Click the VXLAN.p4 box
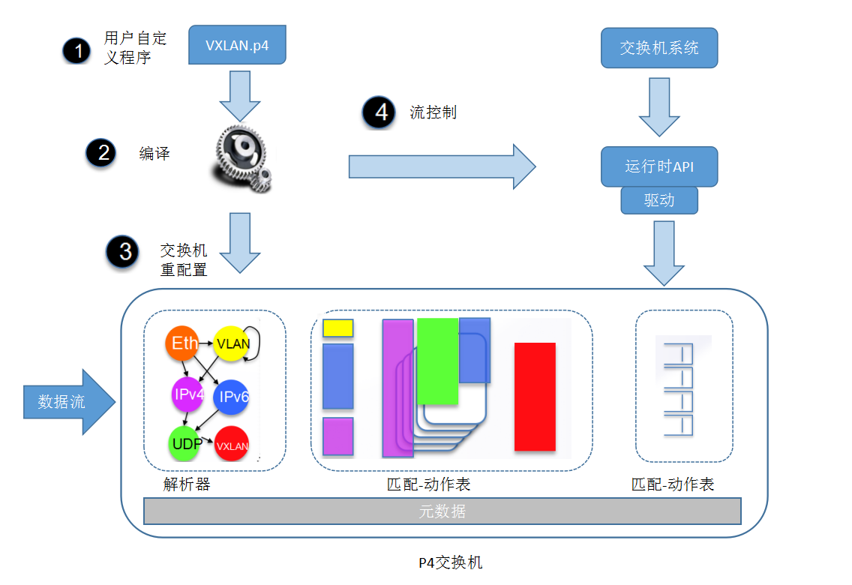[x=237, y=45]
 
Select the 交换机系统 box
[x=659, y=48]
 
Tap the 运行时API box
[x=659, y=166]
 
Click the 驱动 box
[x=659, y=200]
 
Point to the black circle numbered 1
[x=76, y=50]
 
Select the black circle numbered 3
[x=124, y=252]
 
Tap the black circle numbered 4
[x=380, y=112]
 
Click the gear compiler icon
[x=239, y=157]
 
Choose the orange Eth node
[x=184, y=343]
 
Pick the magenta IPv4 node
[x=187, y=394]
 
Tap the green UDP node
[x=186, y=442]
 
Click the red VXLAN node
[x=232, y=445]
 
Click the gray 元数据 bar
[x=442, y=511]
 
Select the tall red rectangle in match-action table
[x=535, y=397]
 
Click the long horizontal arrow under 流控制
[x=442, y=166]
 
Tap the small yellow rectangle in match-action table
[x=337, y=328]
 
